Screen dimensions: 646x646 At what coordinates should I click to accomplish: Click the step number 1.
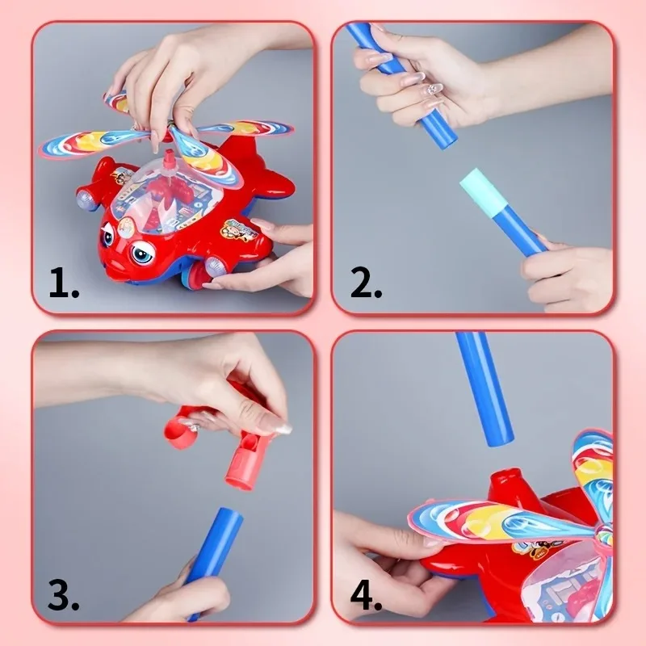coord(63,283)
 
